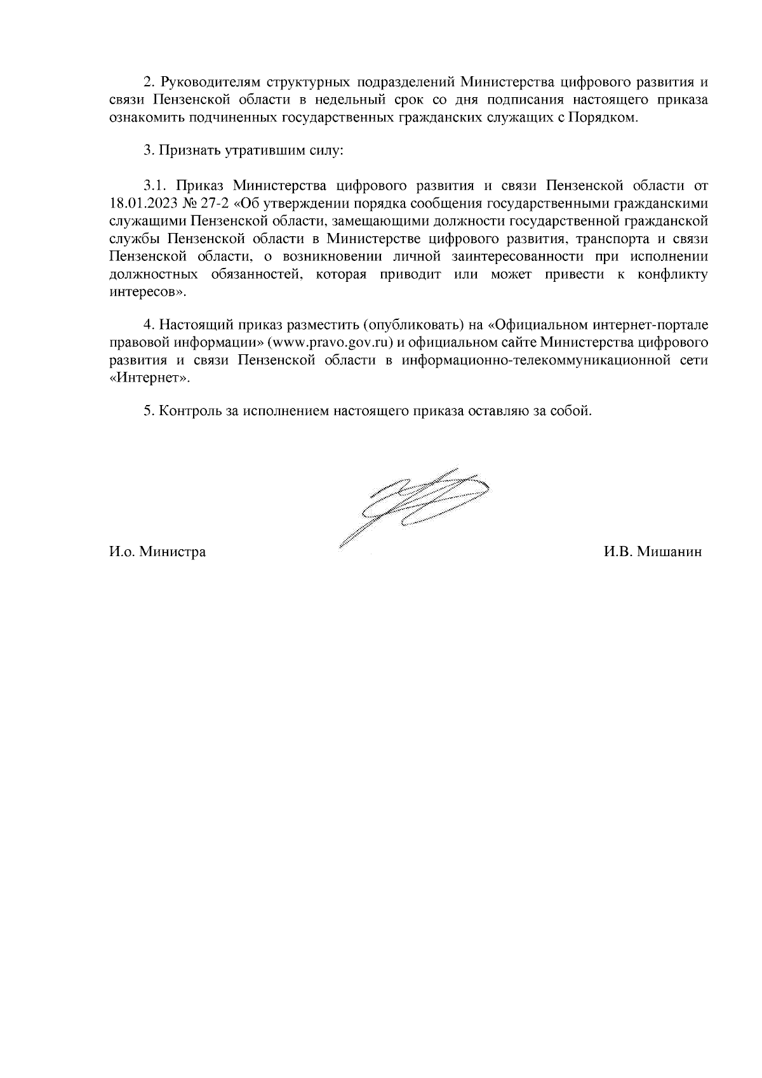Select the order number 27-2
(x=214, y=204)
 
